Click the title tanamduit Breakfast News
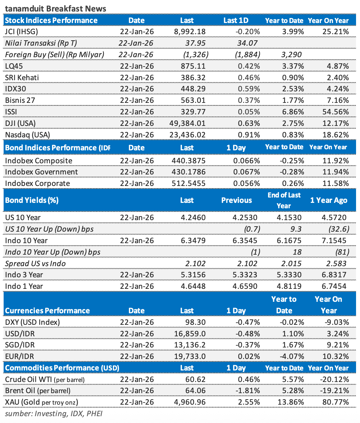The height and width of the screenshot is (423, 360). pos(55,8)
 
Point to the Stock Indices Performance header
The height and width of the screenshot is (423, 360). pos(51,21)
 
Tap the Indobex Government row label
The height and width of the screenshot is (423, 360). pos(41,172)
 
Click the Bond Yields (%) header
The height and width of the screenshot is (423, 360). pos(32,200)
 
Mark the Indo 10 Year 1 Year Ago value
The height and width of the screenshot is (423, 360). pos(334,240)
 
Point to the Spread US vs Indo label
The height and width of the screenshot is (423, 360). pos(35,263)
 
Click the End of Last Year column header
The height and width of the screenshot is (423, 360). pos(284,200)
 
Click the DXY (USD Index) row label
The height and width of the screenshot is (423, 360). pos(33,322)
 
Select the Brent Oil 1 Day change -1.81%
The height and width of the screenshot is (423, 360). pos(248,391)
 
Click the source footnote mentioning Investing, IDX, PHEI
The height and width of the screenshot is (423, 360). pos(54,414)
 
